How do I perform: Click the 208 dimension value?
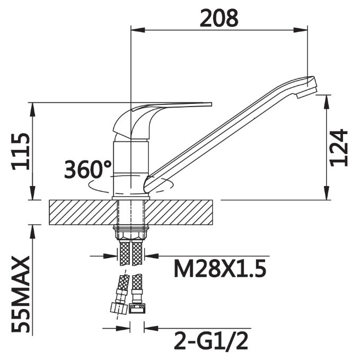[x=218, y=19]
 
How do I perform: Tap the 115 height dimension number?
[x=21, y=152]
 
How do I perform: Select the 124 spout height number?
[x=339, y=148]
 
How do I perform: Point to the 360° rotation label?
[x=88, y=170]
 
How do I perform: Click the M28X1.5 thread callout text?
[x=220, y=269]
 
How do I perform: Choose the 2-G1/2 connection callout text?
[x=211, y=341]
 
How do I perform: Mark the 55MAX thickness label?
[x=21, y=294]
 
